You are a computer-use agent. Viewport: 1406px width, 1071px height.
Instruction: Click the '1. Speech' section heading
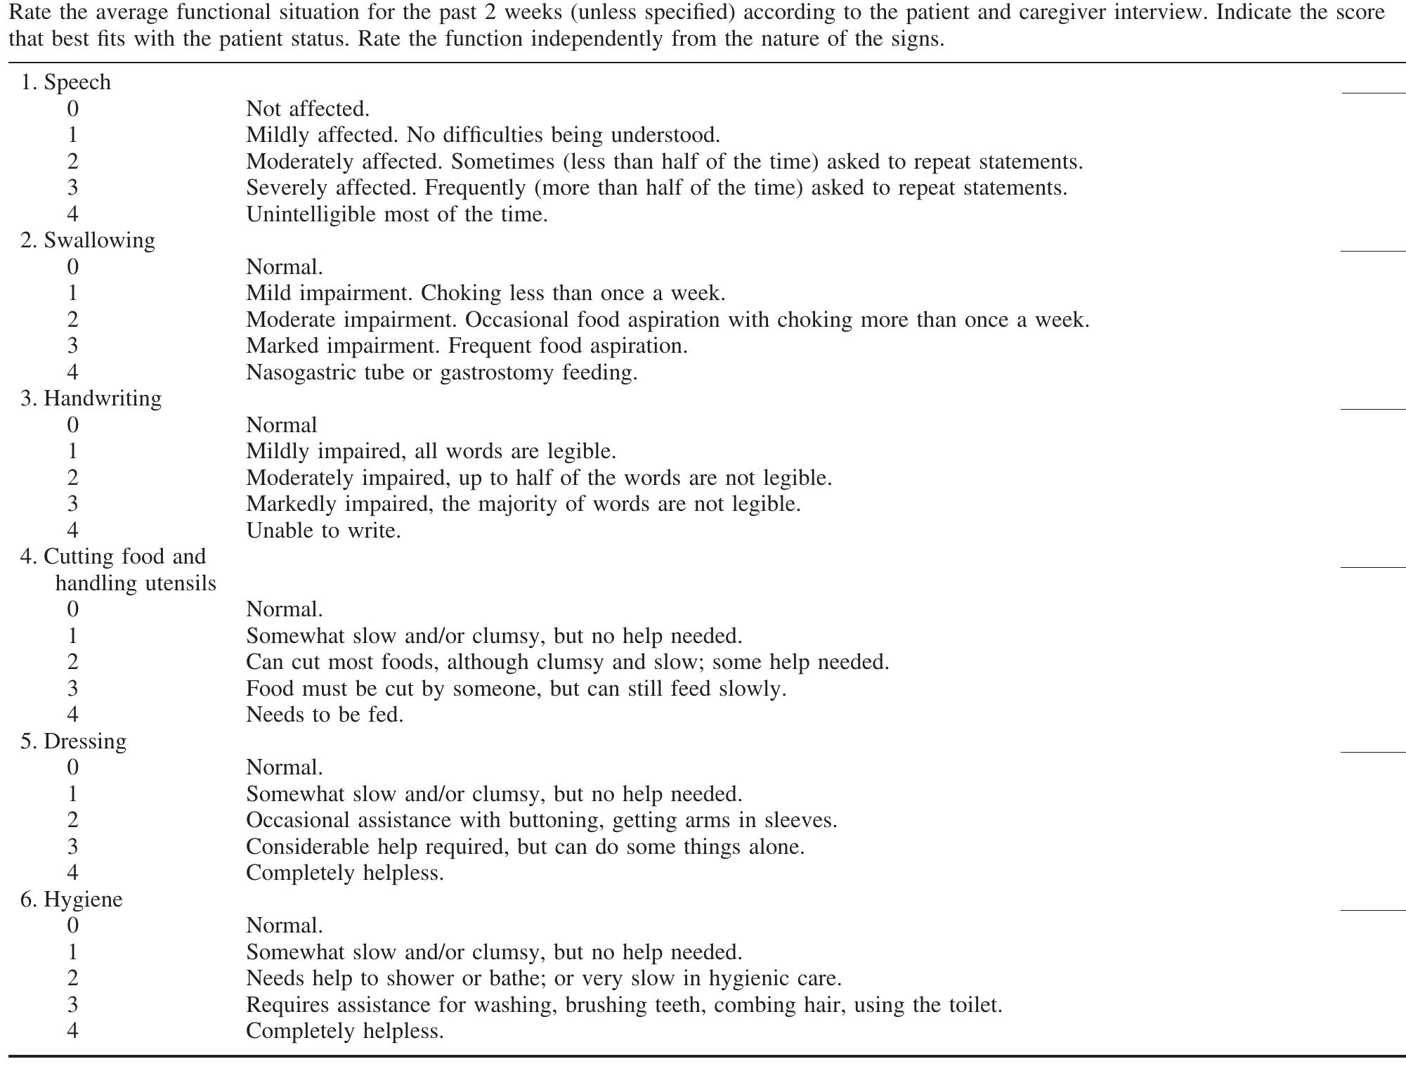[x=66, y=82]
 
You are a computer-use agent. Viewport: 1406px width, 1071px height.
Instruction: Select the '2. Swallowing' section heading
[x=88, y=240]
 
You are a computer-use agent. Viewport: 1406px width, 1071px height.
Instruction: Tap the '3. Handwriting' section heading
[x=91, y=398]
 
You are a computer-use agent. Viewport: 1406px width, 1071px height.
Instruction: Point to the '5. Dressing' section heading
[x=73, y=741]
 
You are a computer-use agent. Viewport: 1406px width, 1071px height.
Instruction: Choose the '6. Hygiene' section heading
[x=71, y=900]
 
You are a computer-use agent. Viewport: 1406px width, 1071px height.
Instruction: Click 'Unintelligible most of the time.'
[x=396, y=214]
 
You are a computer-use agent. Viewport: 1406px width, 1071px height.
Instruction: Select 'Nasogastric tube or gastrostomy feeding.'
[x=441, y=372]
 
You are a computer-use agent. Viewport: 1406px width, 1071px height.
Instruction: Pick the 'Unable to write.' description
[x=323, y=531]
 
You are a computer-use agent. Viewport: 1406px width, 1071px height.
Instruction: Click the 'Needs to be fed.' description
[x=325, y=715]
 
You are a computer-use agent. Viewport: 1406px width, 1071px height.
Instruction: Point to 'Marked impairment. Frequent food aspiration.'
[x=467, y=346]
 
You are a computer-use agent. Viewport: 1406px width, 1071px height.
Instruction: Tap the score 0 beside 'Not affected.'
[x=72, y=109]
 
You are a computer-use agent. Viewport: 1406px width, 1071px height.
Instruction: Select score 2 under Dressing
[x=72, y=820]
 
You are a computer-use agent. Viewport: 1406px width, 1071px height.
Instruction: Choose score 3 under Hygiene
[x=72, y=1005]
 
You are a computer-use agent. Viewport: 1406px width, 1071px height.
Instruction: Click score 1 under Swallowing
[x=72, y=293]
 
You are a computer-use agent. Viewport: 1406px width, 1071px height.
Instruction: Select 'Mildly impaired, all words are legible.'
[x=431, y=451]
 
